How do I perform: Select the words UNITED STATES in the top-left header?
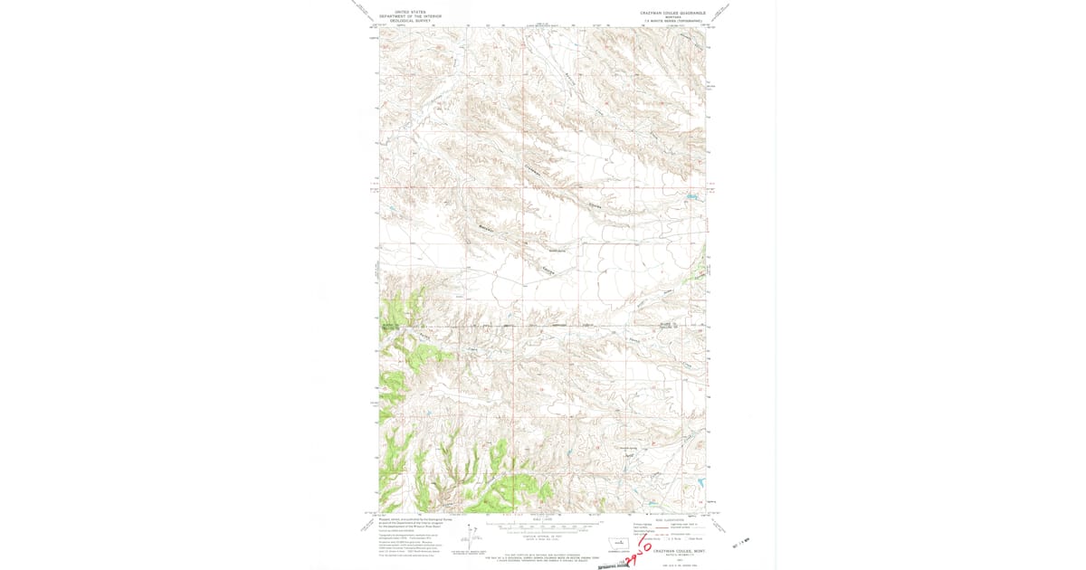coord(403,12)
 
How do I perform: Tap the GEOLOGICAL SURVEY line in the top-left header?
coord(403,21)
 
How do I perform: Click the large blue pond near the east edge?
coord(691,195)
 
